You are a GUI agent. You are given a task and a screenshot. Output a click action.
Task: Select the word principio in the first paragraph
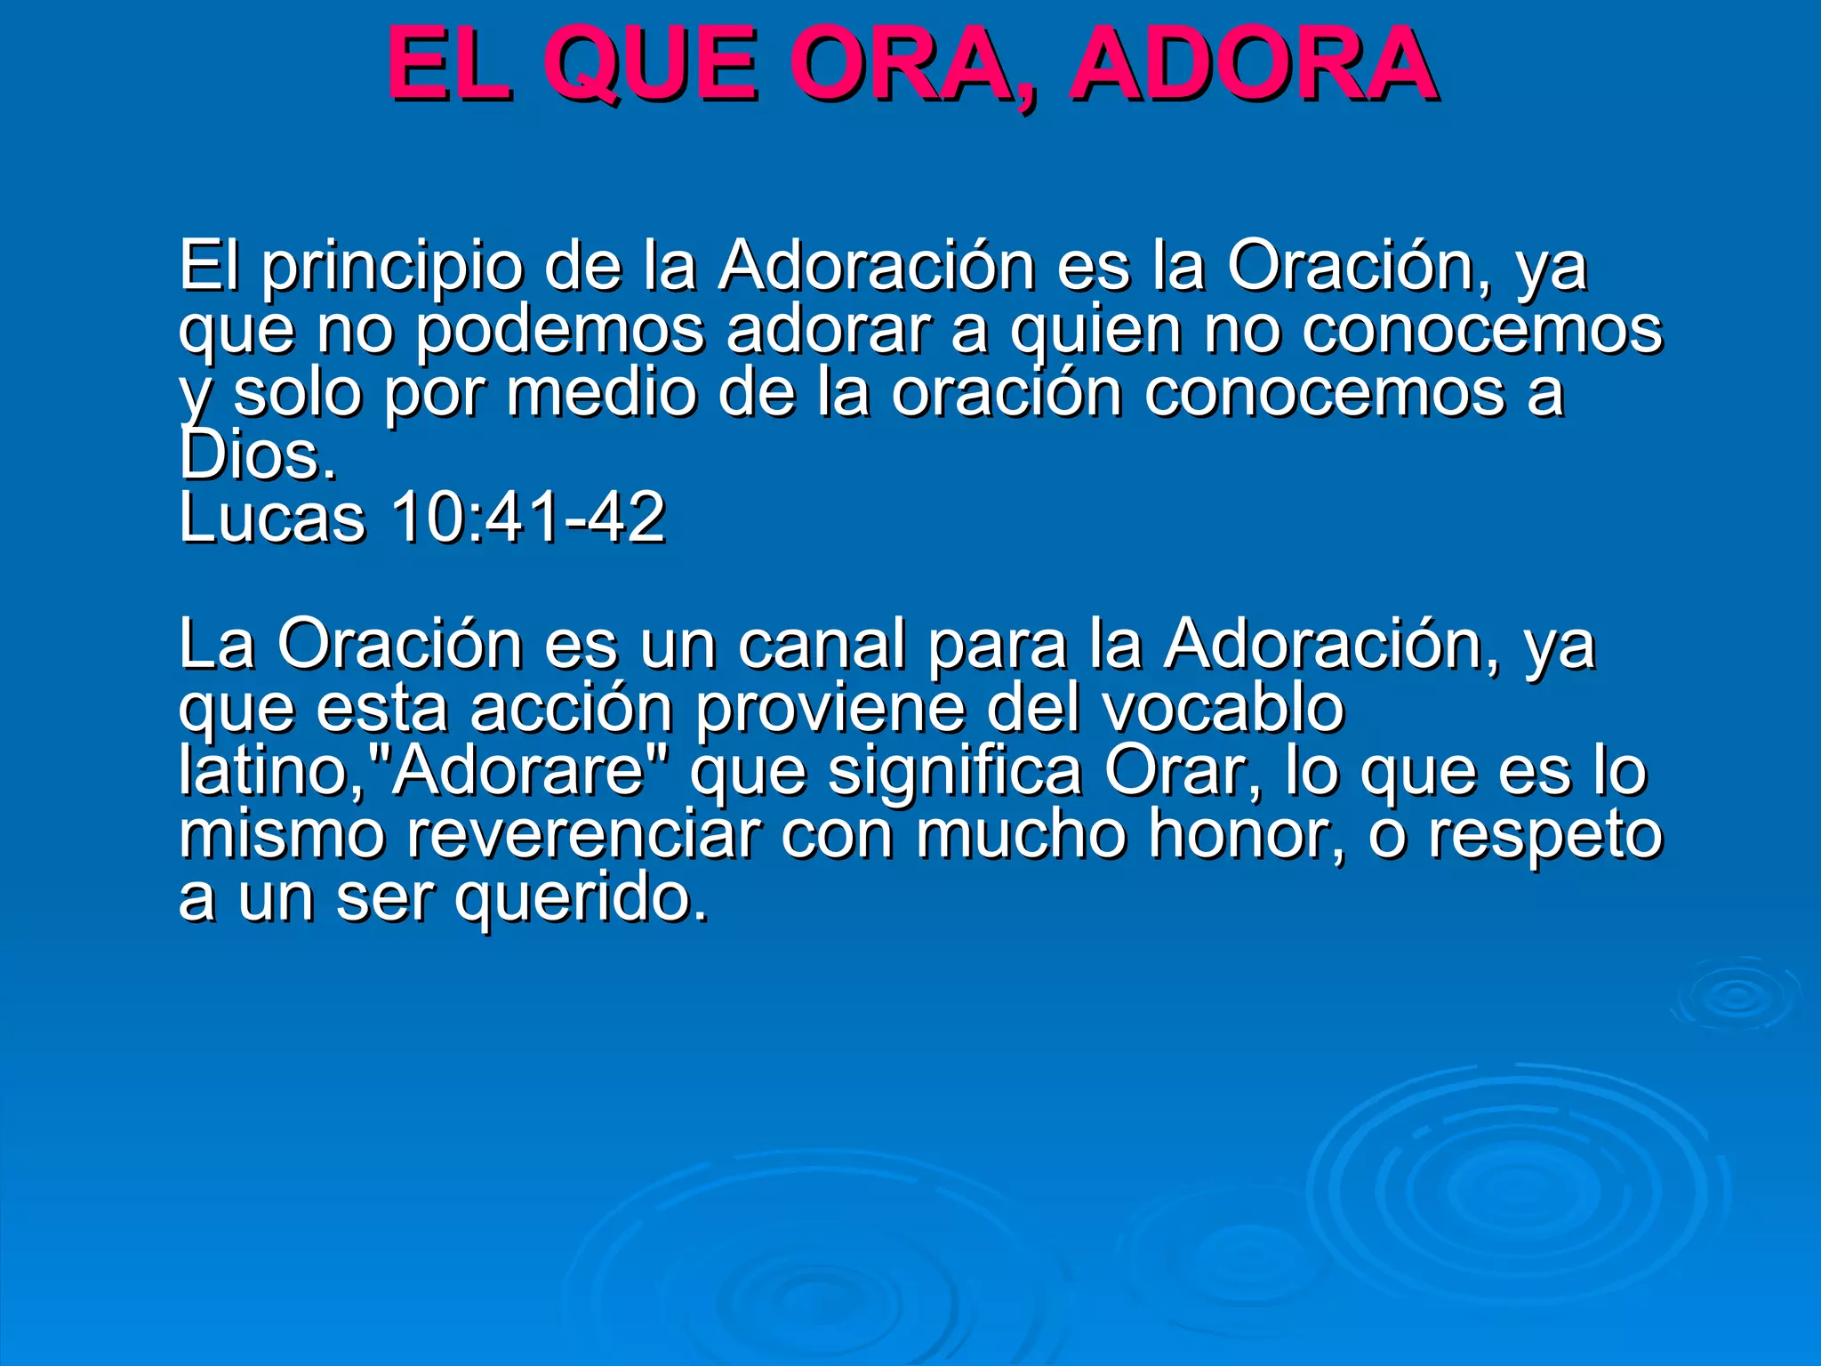click(x=391, y=267)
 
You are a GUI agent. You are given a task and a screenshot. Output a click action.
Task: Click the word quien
click(x=1095, y=331)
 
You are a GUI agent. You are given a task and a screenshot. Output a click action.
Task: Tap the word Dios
click(x=257, y=455)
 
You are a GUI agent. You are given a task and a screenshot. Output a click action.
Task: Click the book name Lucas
click(x=271, y=518)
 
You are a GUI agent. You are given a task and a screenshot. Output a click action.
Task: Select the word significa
click(x=955, y=771)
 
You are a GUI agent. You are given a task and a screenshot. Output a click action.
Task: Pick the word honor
click(x=1246, y=834)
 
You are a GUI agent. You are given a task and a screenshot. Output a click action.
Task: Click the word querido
click(x=582, y=898)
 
